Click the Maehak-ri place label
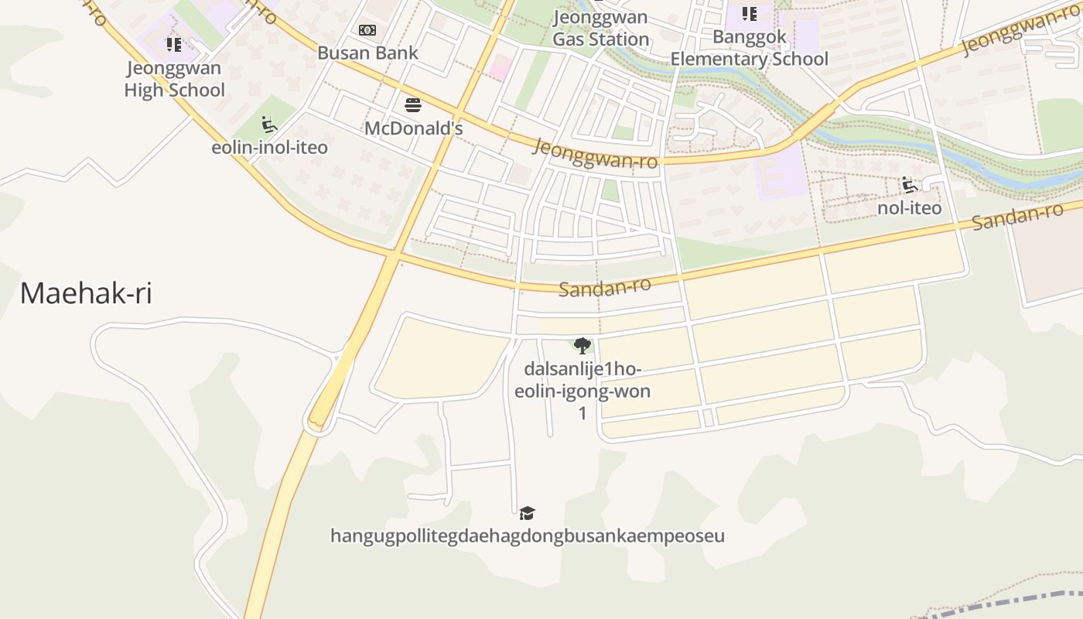tap(86, 294)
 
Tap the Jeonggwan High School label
tap(174, 79)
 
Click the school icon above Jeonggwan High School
tap(173, 45)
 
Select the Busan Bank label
tap(367, 53)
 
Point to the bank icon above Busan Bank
tap(367, 30)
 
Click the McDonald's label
tap(413, 128)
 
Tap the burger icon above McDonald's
tap(413, 104)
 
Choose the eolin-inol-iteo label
tap(269, 147)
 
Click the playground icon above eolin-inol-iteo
tap(268, 124)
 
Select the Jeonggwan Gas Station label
tap(601, 29)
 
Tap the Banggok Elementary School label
tap(749, 48)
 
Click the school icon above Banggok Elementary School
tap(749, 14)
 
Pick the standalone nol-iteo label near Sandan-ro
tap(909, 208)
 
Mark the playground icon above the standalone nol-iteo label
tap(909, 185)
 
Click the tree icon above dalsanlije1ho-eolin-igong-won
tap(582, 345)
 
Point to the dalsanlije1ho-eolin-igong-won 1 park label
tap(582, 391)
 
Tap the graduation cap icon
tap(527, 512)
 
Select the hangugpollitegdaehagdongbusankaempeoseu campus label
tap(527, 535)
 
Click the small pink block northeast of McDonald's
tap(501, 66)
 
